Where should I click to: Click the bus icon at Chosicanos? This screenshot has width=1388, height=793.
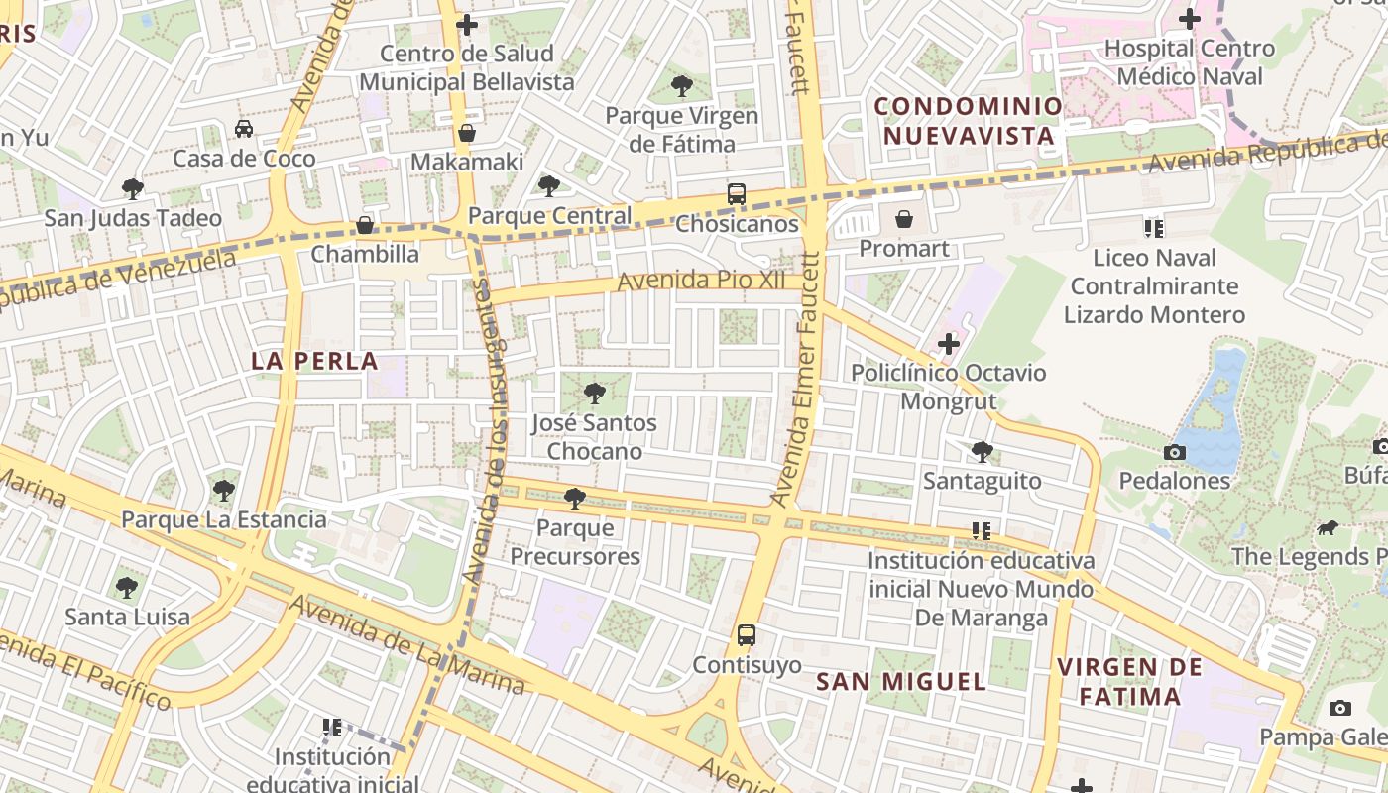pos(736,194)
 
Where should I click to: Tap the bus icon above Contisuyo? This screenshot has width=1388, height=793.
pos(746,635)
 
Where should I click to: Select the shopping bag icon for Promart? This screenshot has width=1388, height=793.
pos(903,219)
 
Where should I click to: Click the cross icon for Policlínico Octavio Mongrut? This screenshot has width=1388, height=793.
pos(948,344)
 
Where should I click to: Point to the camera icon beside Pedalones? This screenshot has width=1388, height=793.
pos(1174,452)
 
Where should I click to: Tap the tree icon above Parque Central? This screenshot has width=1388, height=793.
pos(548,186)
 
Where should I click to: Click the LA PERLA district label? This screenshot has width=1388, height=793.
pos(314,361)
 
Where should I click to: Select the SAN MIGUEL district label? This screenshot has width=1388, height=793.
pos(900,681)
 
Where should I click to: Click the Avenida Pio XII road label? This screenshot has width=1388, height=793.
pos(701,282)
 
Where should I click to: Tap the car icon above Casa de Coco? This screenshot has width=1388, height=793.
pos(243,129)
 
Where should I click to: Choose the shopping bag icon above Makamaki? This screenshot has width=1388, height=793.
pos(466,133)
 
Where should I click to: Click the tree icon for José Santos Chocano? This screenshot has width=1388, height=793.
pos(594,394)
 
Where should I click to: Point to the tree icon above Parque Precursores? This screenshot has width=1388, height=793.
pos(573,499)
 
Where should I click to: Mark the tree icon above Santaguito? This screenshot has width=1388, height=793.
pos(982,452)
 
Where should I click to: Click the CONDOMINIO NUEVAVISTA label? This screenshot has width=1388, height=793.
pos(968,120)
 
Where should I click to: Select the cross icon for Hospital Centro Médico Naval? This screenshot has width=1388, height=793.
pos(1189,19)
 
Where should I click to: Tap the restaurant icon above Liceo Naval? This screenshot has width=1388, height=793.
pos(1153,229)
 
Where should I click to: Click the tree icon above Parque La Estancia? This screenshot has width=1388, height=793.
pos(223,491)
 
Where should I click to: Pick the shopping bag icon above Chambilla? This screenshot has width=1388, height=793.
pos(365,225)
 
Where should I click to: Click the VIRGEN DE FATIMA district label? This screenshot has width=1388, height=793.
pos(1130,681)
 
